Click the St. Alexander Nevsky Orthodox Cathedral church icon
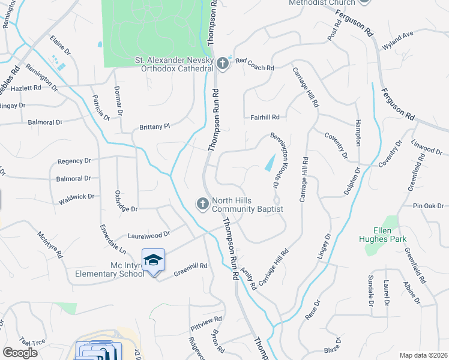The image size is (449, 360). pos(223,63)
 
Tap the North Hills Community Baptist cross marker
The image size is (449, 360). pos(203,205)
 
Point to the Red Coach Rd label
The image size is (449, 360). pos(255,61)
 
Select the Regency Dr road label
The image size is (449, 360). pos(74,161)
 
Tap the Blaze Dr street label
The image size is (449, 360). pos(333,346)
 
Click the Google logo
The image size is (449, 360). pos(20,352)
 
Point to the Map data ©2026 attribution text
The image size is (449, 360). pos(423,355)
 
